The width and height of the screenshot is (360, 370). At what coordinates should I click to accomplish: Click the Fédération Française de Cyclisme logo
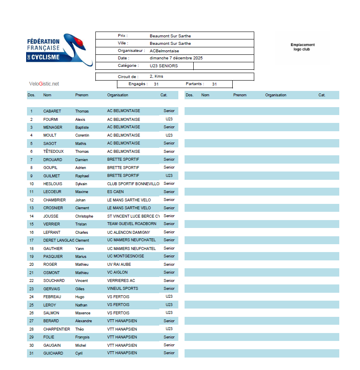[x=58, y=49]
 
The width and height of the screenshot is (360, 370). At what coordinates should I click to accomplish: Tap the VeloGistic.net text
[x=44, y=84]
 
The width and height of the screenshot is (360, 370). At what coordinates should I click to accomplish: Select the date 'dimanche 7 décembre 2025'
[x=176, y=58]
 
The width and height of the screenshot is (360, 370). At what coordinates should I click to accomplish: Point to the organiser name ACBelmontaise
[x=164, y=51]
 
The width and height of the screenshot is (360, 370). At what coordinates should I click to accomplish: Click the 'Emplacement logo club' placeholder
[x=302, y=47]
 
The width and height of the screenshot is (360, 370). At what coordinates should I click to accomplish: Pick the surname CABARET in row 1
[x=52, y=111]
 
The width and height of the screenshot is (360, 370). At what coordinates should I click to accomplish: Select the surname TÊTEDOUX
[x=54, y=152]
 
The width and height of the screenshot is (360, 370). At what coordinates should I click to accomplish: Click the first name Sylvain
[x=81, y=184]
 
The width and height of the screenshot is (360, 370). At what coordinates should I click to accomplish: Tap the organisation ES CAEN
[x=115, y=192]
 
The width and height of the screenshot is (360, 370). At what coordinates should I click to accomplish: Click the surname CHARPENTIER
[x=57, y=329]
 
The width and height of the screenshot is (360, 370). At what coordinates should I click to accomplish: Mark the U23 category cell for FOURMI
[x=169, y=119]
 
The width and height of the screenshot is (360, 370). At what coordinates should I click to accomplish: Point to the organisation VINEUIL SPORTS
[x=122, y=289]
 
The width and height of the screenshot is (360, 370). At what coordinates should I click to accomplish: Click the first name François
[x=82, y=337]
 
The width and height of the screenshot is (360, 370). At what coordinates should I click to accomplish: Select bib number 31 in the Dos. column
[x=31, y=353]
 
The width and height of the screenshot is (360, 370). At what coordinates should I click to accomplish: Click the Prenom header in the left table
[x=82, y=95]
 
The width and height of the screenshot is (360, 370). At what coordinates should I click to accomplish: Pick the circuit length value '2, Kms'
[x=156, y=76]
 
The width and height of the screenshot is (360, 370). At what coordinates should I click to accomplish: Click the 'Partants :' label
[x=195, y=84]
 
